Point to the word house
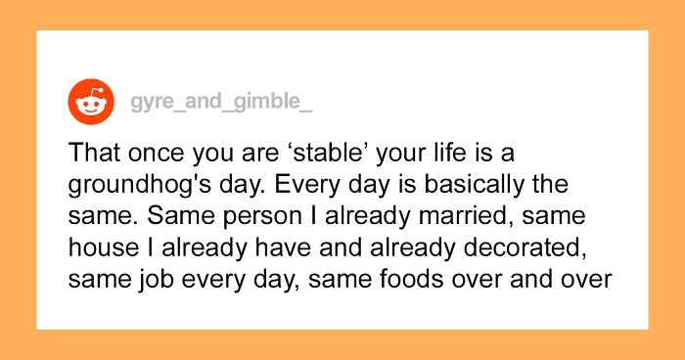coord(100,249)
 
